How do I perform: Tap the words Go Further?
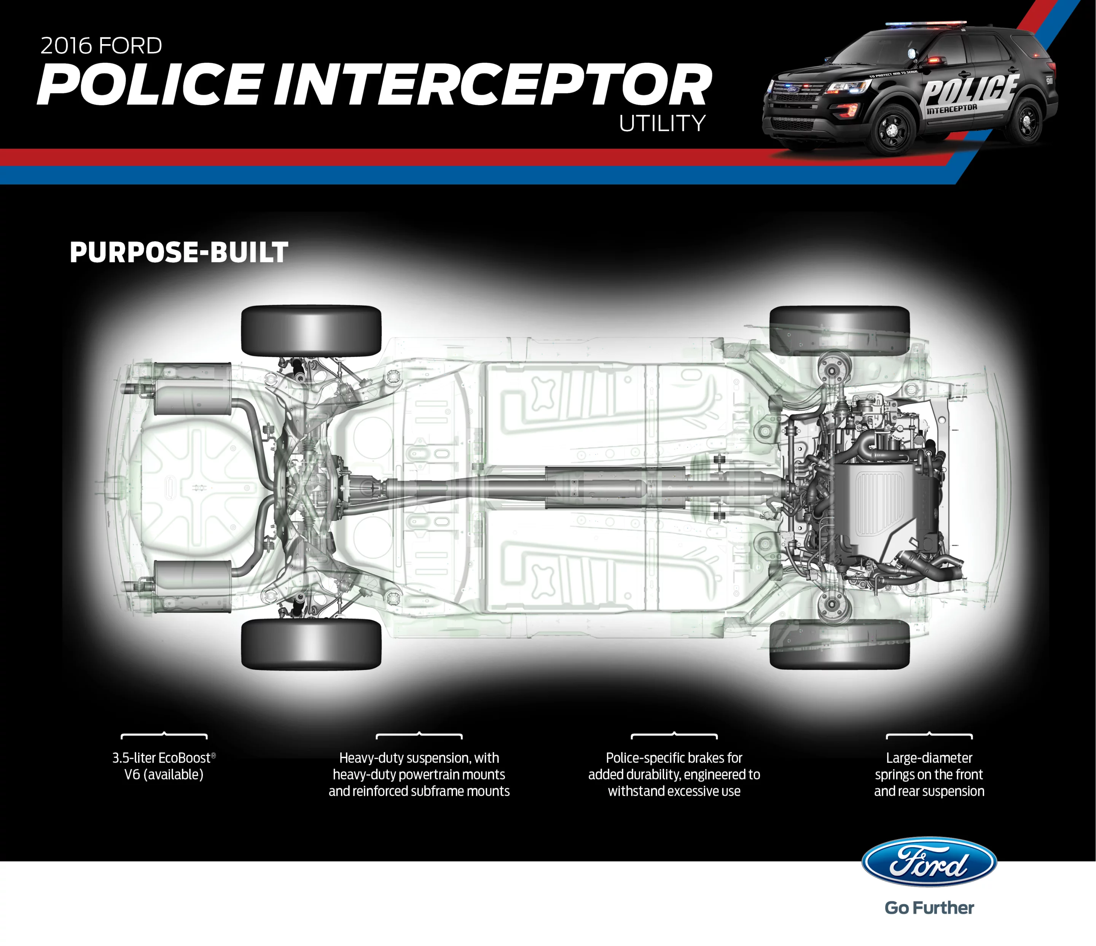[x=929, y=908]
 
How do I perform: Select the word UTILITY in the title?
[x=662, y=123]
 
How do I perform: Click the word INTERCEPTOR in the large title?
[x=492, y=84]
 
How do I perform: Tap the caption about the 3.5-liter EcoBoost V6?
[x=164, y=766]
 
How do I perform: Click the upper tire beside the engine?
[x=840, y=331]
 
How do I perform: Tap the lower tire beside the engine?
[x=840, y=644]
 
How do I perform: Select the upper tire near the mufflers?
[x=311, y=331]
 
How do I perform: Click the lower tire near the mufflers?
[x=311, y=644]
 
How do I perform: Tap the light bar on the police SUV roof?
[x=926, y=24]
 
